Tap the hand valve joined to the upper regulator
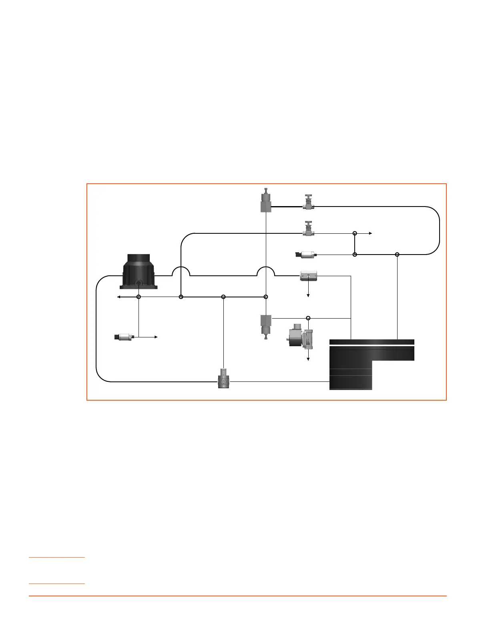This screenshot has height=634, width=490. pyautogui.click(x=308, y=202)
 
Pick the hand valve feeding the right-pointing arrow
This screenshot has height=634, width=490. pyautogui.click(x=308, y=229)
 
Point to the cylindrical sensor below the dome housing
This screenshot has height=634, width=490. pyautogui.click(x=125, y=337)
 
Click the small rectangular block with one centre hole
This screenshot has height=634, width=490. pyautogui.click(x=309, y=276)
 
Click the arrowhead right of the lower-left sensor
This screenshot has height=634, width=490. pyautogui.click(x=157, y=337)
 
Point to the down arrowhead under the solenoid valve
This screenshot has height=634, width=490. pyautogui.click(x=308, y=359)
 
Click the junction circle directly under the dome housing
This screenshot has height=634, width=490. pyautogui.click(x=139, y=297)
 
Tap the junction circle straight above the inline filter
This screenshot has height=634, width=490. pyautogui.click(x=223, y=297)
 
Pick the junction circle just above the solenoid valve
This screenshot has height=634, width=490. pyautogui.click(x=308, y=318)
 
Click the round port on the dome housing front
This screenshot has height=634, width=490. pyautogui.click(x=139, y=283)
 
